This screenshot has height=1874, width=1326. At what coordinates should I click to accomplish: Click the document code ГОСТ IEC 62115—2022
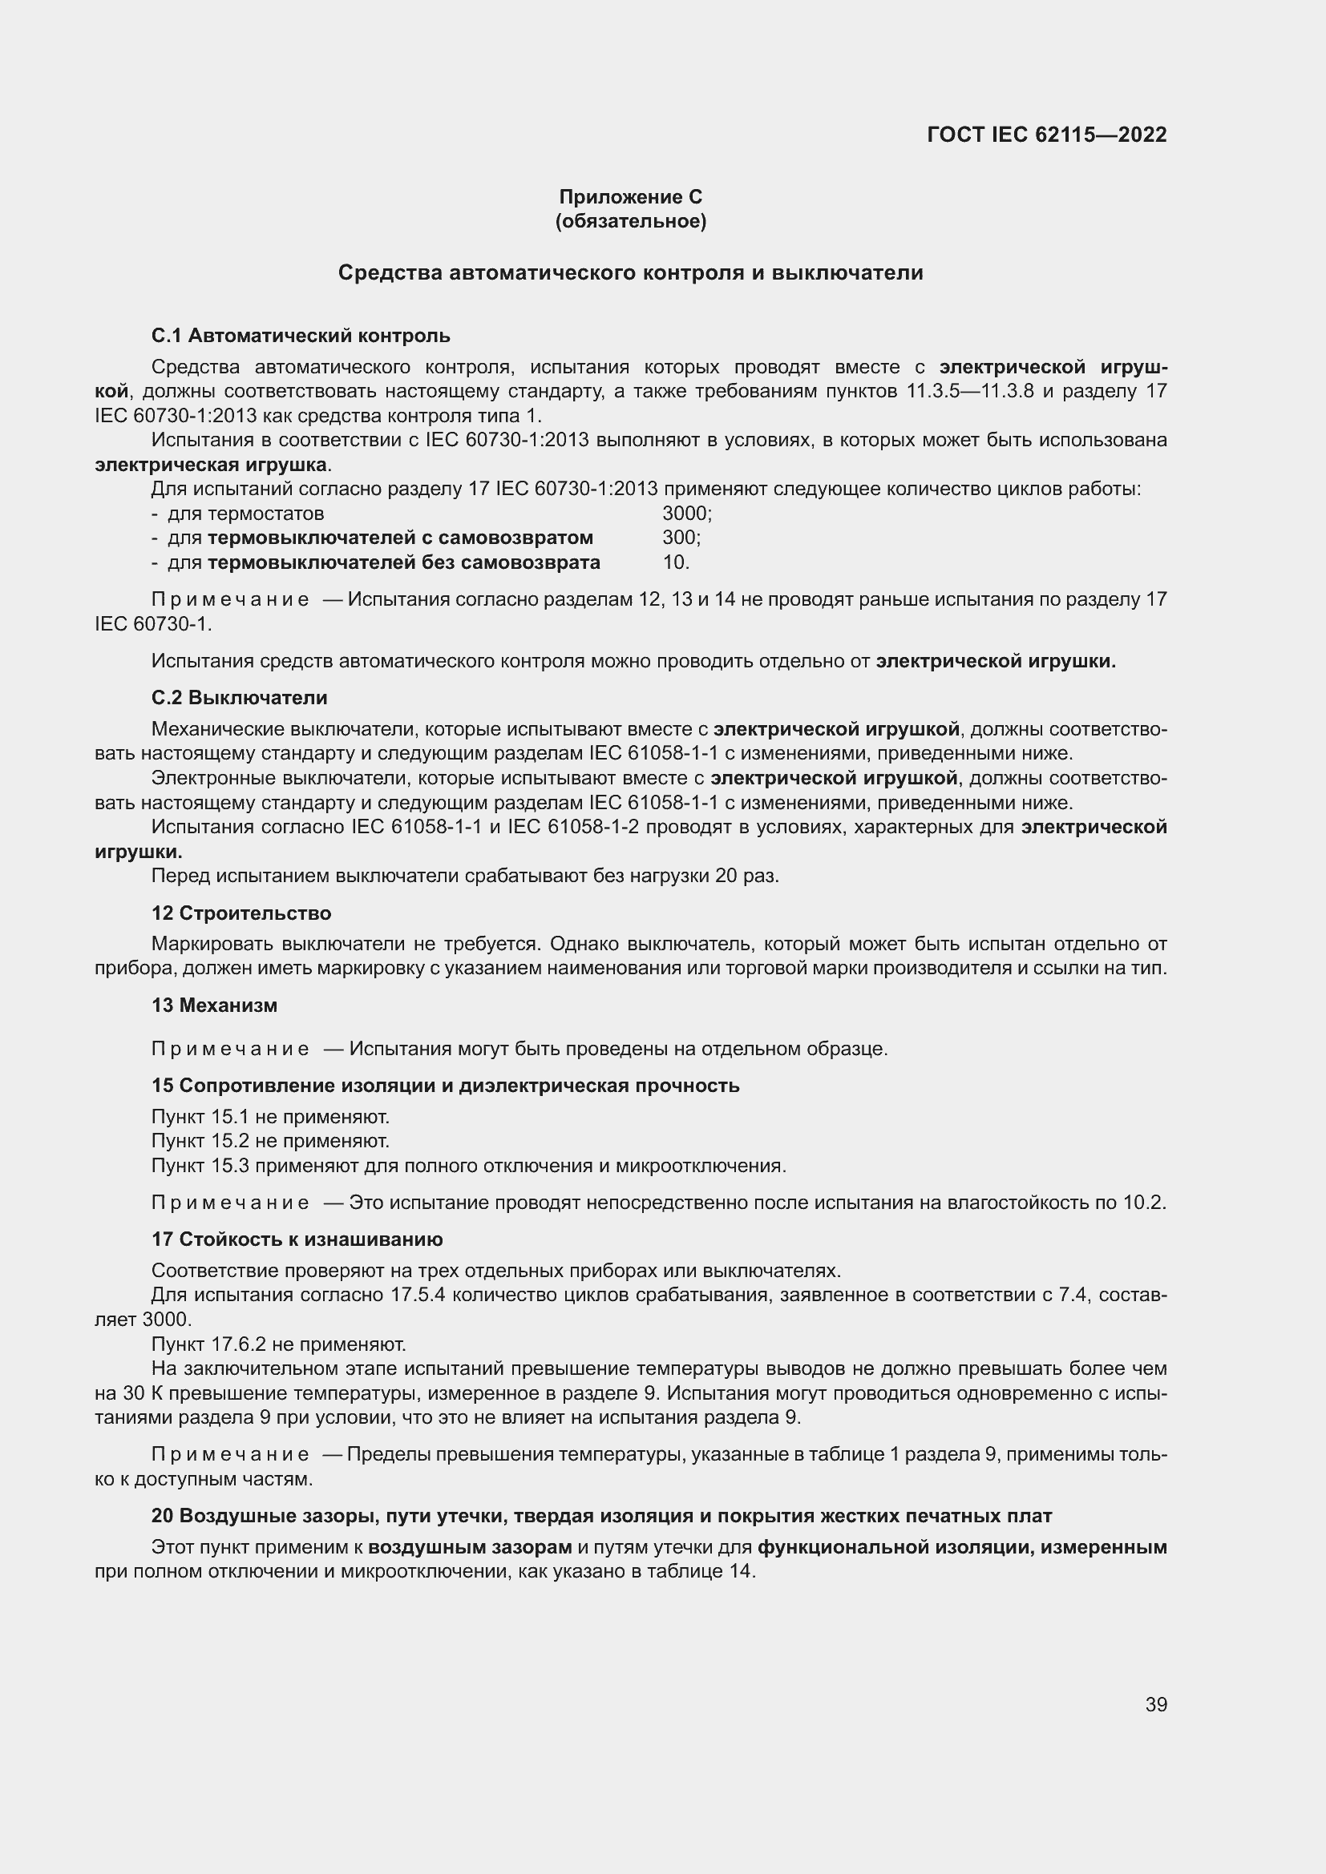(1047, 135)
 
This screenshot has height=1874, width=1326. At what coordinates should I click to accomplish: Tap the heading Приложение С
(630, 197)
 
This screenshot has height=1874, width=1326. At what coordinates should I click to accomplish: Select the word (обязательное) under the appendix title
(630, 221)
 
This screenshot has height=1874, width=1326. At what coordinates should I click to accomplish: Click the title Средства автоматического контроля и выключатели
(630, 272)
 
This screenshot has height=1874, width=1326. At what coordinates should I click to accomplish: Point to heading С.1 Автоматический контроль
(301, 336)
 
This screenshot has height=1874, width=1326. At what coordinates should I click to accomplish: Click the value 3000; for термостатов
(687, 514)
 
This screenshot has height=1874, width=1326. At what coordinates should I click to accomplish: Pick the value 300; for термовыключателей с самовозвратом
(681, 538)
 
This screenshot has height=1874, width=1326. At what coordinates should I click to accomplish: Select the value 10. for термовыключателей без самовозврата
(676, 562)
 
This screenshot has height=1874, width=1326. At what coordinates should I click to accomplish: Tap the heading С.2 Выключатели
(239, 698)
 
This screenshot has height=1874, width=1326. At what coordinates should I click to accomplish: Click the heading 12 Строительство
(241, 913)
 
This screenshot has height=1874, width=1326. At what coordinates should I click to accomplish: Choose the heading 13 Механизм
(214, 1006)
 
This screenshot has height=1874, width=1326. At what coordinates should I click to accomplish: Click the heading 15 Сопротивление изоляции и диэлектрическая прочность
(445, 1086)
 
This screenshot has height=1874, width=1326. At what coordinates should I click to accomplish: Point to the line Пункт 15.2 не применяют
(270, 1140)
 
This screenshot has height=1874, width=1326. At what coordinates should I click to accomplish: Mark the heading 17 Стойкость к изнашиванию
(297, 1239)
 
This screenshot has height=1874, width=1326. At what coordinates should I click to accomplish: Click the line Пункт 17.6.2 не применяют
(278, 1344)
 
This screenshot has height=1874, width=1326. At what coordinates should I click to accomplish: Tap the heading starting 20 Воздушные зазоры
(601, 1516)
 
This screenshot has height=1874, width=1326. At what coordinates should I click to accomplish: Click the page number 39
(1155, 1704)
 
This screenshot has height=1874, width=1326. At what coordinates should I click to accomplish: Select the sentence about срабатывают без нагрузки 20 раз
(466, 876)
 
